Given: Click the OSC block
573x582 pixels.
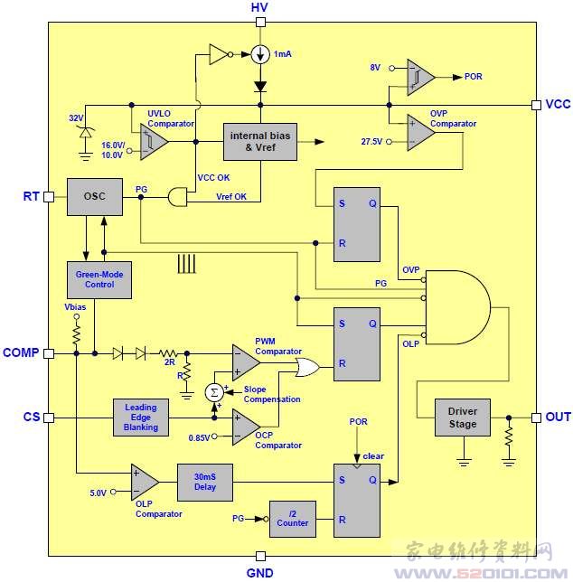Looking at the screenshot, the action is pyautogui.click(x=95, y=197).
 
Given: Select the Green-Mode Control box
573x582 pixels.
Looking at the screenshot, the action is pyautogui.click(x=99, y=280).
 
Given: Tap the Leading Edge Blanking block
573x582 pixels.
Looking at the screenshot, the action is pyautogui.click(x=141, y=418).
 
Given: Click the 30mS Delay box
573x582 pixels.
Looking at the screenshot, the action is pyautogui.click(x=205, y=483).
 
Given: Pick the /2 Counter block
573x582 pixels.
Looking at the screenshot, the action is pyautogui.click(x=293, y=519).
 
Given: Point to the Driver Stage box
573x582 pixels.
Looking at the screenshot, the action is pyautogui.click(x=463, y=418).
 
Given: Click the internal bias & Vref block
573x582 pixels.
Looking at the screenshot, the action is pyautogui.click(x=260, y=142).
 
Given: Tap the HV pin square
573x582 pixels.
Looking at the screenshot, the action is pyautogui.click(x=261, y=23).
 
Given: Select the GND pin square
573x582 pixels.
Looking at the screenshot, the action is pyautogui.click(x=261, y=556).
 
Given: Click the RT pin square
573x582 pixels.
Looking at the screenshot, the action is pyautogui.click(x=49, y=197).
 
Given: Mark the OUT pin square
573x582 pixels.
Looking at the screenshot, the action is pyautogui.click(x=536, y=418).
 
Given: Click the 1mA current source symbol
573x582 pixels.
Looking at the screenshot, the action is pyautogui.click(x=260, y=54).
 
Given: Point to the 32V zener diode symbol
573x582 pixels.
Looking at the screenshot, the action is pyautogui.click(x=86, y=133).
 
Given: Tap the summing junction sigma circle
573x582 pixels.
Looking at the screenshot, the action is pyautogui.click(x=214, y=392).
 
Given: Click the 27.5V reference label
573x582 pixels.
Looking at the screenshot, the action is pyautogui.click(x=371, y=141).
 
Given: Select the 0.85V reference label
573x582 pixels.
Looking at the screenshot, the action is pyautogui.click(x=200, y=438).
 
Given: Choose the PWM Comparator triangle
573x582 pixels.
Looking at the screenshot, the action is pyautogui.click(x=246, y=362).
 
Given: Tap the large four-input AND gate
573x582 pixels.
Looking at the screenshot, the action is pyautogui.click(x=457, y=307).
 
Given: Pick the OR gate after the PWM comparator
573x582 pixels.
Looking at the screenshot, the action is pyautogui.click(x=307, y=368).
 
